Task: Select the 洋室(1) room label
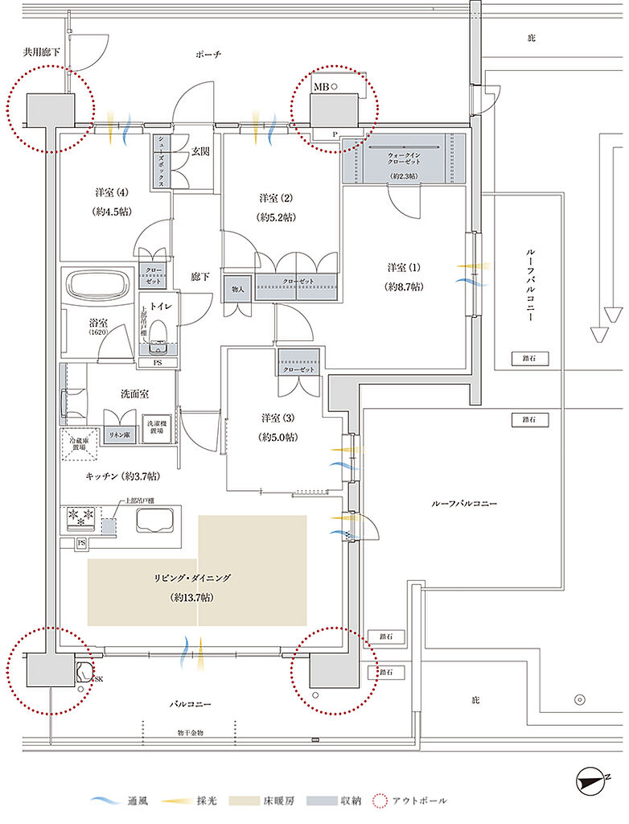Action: [404, 276]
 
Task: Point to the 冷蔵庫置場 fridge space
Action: [80, 443]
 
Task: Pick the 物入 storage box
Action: [238, 288]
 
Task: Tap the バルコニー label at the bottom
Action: [190, 704]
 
